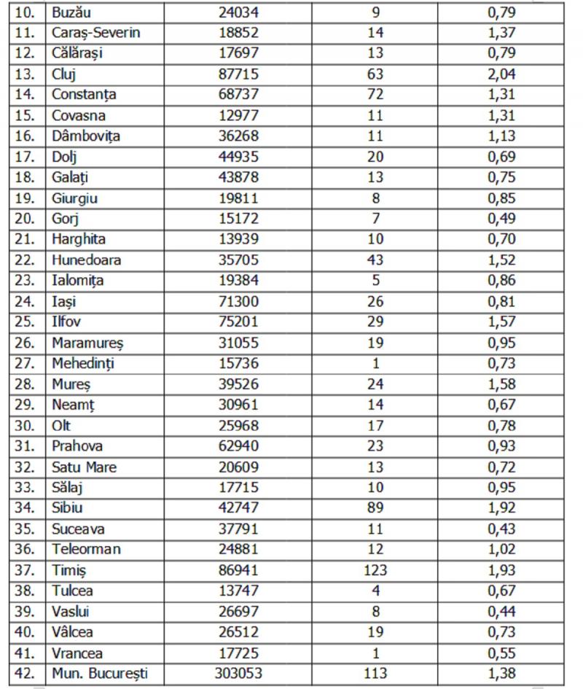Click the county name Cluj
click(x=64, y=74)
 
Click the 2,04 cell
click(x=501, y=74)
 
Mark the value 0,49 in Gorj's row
click(x=501, y=218)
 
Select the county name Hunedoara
click(x=86, y=260)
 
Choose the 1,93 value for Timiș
click(x=501, y=571)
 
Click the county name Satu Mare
click(x=84, y=467)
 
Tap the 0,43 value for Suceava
click(x=501, y=529)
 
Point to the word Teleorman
click(x=86, y=550)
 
